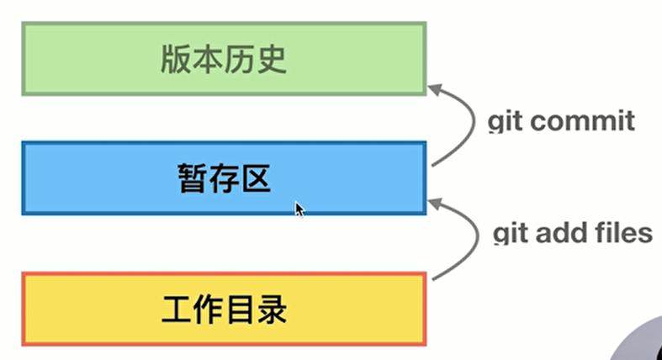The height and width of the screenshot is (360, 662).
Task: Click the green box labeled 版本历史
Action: coord(224,59)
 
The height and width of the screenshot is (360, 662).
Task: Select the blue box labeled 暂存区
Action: coord(224,178)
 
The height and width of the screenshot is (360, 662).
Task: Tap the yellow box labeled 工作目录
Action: coord(224,309)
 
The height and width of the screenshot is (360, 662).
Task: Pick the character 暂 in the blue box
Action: coord(192,178)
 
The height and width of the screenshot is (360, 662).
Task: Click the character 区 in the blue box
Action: coord(256,178)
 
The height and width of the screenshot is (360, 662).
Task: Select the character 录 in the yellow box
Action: coord(272,310)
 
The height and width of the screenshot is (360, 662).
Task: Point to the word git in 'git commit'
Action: coord(505,122)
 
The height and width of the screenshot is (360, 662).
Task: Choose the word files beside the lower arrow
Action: coord(624,232)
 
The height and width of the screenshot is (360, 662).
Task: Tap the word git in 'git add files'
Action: coord(511,233)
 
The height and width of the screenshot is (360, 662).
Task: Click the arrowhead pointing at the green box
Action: coord(435,89)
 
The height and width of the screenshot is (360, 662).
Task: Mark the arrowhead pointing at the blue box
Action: coord(435,204)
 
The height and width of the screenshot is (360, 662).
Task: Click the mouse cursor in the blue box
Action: coord(299,209)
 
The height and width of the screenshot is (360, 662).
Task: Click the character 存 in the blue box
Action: coord(225,178)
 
